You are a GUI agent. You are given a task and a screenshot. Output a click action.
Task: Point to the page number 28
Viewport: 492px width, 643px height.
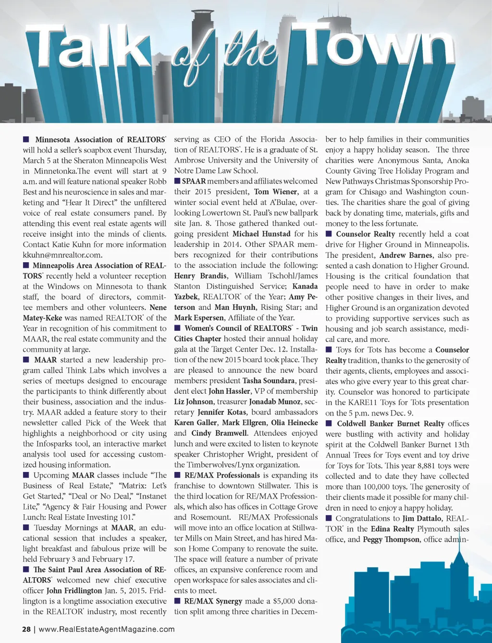(x=26, y=629)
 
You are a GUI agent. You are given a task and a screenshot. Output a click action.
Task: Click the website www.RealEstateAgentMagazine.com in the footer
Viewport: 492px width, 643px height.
(x=107, y=629)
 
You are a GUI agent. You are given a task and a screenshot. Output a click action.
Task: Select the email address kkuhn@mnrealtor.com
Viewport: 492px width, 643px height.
(x=62, y=255)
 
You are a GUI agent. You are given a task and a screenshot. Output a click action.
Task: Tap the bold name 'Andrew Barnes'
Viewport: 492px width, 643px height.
(x=406, y=255)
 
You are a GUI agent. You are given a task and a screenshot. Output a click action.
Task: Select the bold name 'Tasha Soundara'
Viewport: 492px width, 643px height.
(x=269, y=380)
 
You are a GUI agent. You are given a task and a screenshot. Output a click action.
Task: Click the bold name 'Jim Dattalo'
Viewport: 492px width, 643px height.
(x=422, y=518)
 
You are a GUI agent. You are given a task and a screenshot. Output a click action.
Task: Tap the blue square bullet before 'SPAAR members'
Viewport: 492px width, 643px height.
(x=177, y=181)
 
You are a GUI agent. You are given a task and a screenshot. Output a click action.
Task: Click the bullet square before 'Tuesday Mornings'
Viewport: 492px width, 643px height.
(x=26, y=527)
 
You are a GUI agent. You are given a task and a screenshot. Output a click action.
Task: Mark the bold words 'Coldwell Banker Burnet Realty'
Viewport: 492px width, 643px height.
(x=391, y=424)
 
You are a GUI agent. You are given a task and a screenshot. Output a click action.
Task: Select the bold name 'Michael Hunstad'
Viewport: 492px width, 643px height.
(x=261, y=234)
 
